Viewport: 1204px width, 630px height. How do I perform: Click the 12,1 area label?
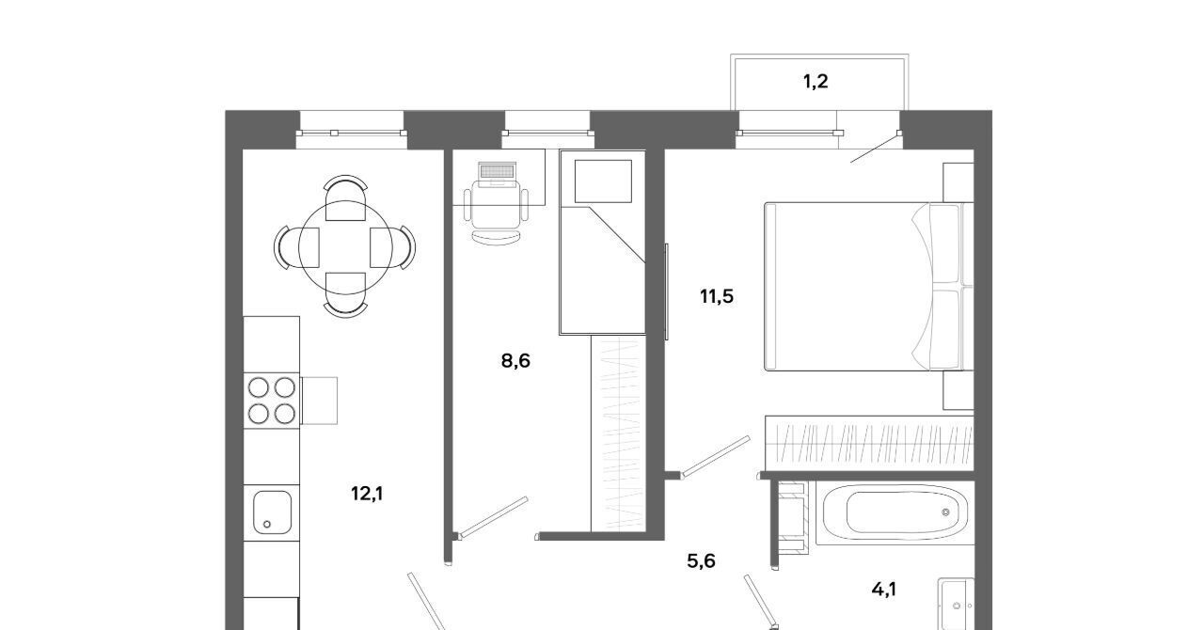click(367, 494)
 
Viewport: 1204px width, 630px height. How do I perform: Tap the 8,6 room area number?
click(515, 361)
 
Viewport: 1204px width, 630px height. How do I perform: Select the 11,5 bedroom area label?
click(717, 296)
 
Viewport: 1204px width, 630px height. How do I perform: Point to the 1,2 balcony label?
click(816, 82)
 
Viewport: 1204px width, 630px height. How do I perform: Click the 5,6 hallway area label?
click(701, 561)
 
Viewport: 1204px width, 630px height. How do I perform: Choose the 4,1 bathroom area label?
click(883, 590)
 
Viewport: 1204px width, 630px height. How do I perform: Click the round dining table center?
click(345, 248)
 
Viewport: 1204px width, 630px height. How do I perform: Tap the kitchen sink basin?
click(272, 512)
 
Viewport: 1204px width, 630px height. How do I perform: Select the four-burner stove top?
click(272, 401)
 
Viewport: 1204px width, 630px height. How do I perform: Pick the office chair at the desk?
click(496, 213)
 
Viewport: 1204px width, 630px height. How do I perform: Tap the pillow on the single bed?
click(603, 181)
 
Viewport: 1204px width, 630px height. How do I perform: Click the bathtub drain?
click(946, 512)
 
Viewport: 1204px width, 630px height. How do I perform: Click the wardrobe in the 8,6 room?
click(618, 433)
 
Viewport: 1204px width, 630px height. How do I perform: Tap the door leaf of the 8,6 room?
click(493, 517)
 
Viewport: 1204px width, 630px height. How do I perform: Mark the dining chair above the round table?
click(345, 197)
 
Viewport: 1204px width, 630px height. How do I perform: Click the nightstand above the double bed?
click(958, 182)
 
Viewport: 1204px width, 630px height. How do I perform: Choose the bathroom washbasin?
click(957, 605)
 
